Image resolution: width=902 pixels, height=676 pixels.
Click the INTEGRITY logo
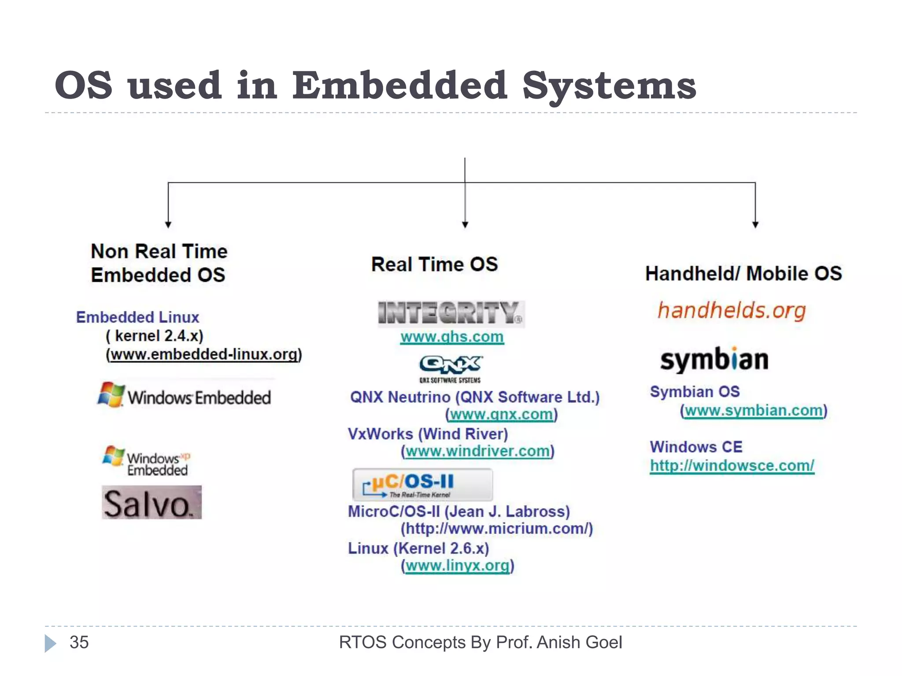click(451, 313)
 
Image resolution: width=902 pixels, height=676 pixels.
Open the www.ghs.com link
click(452, 337)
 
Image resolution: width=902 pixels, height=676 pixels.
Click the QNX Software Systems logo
click(450, 369)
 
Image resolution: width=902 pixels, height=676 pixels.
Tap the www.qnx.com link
click(501, 415)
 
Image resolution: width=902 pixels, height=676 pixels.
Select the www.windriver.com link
click(477, 452)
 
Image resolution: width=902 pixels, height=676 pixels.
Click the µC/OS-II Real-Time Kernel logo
click(422, 485)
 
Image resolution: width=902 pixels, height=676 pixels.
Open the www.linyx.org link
click(458, 566)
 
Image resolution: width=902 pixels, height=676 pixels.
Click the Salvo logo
click(152, 503)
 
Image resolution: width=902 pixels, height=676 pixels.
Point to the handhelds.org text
click(732, 311)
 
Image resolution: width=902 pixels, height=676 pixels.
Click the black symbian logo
click(714, 360)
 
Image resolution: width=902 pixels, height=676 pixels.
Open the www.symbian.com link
click(754, 411)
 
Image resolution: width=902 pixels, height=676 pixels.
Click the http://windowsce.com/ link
click(732, 466)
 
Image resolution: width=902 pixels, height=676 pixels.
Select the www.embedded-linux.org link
click(204, 355)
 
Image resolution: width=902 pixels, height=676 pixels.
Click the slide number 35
click(79, 643)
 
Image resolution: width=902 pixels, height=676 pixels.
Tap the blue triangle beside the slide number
click(50, 643)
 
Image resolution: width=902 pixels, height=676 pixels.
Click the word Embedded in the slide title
click(399, 85)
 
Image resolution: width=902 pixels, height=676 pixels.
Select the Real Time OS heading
click(434, 265)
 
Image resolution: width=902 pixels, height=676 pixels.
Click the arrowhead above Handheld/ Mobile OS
click(755, 224)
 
